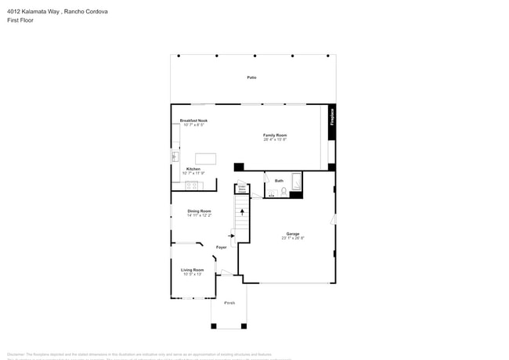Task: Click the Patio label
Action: click(251, 77)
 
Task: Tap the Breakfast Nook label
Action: click(193, 121)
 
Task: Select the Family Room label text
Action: click(275, 135)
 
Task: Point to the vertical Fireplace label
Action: click(332, 116)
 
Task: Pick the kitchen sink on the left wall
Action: click(175, 157)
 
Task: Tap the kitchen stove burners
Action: click(190, 185)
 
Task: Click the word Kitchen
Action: click(193, 168)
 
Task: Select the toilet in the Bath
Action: click(284, 191)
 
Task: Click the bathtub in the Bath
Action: click(296, 182)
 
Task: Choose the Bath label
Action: click(279, 181)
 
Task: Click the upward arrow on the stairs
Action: click(242, 211)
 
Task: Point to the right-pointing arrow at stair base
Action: click(231, 234)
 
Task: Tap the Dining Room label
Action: click(199, 211)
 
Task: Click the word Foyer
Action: click(222, 247)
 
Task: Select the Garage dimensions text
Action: click(293, 238)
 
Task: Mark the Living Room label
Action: click(193, 270)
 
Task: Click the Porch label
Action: click(229, 302)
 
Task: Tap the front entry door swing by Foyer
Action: click(225, 272)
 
